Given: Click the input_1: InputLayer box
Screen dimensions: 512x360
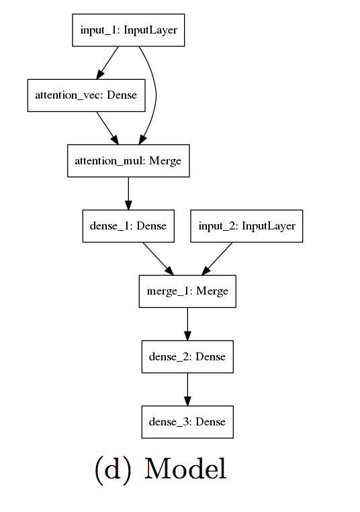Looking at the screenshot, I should pos(128,30).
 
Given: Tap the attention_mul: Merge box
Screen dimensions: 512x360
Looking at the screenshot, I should pos(128,161).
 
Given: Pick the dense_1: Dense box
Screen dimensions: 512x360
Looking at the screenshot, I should pos(128,227).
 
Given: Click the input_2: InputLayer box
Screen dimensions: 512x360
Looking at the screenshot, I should pos(246,227).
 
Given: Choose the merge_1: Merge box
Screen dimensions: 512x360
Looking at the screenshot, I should pos(187,291).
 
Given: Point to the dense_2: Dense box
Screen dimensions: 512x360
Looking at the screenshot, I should pos(187,356).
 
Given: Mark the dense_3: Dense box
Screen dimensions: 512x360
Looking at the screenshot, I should pos(187,422).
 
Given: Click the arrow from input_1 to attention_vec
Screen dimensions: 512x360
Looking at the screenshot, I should pos(108,62).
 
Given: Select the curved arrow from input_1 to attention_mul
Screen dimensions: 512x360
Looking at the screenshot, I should pos(155,94).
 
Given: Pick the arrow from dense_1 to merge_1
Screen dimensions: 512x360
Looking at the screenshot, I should pos(158,258).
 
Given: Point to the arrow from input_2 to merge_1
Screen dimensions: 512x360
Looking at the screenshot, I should pos(217,258).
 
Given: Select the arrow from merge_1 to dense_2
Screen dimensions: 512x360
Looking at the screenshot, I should pos(187,324).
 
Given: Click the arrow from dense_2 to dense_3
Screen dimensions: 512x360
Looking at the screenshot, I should pos(187,389).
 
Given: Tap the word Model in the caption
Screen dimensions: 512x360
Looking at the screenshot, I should pos(185,469).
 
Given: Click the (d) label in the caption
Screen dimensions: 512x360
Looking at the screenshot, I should pos(112,469).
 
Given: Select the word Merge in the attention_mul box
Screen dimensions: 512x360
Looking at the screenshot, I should pos(165,161).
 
